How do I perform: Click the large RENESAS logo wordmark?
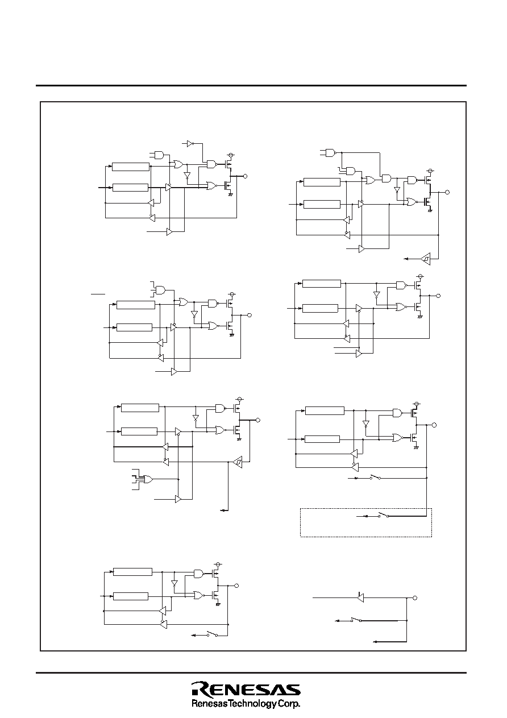click(x=246, y=689)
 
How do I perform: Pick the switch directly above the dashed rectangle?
click(x=375, y=478)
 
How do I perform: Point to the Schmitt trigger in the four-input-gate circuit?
click(x=238, y=462)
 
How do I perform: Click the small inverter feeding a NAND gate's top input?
click(x=190, y=144)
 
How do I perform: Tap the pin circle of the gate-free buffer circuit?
click(x=415, y=598)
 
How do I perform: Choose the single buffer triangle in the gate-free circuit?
click(x=360, y=597)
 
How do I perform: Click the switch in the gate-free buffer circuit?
click(x=356, y=620)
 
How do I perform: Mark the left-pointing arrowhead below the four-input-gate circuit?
click(x=222, y=510)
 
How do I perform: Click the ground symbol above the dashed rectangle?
click(x=416, y=448)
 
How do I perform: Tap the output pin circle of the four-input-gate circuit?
click(x=258, y=420)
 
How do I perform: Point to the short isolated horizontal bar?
click(x=98, y=293)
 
